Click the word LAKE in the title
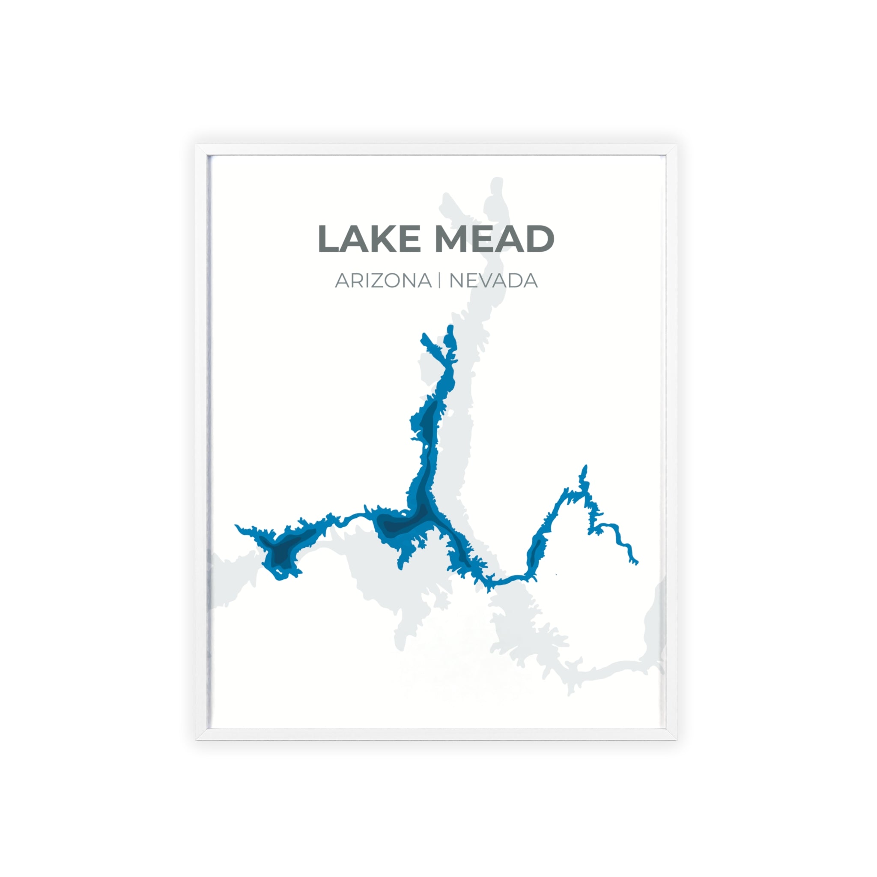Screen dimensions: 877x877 [x=369, y=239]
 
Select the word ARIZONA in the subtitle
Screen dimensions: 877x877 [x=383, y=281]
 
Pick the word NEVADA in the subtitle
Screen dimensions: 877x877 [x=493, y=281]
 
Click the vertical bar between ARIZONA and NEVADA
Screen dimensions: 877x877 [x=439, y=280]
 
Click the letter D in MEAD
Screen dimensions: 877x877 [x=540, y=239]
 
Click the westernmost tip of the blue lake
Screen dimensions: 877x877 [x=236, y=526]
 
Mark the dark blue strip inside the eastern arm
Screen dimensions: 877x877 [x=536, y=549]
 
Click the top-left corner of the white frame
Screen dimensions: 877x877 [x=197, y=146]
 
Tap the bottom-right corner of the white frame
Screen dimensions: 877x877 [x=676, y=739]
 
